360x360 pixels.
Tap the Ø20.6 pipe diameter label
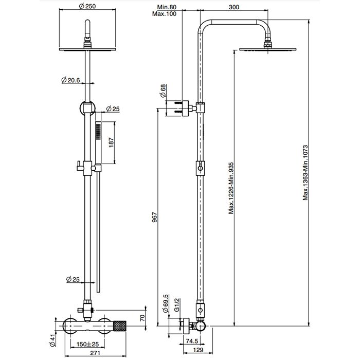click(x=70, y=80)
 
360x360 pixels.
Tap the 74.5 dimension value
click(x=192, y=340)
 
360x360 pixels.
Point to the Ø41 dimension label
click(x=53, y=339)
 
